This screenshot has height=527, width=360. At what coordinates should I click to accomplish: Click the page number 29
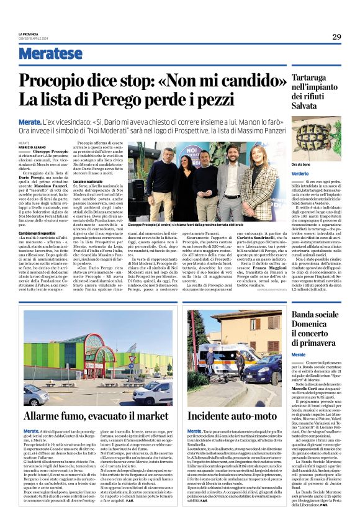pos(336,37)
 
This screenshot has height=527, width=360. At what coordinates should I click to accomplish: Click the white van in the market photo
pos(150,393)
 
